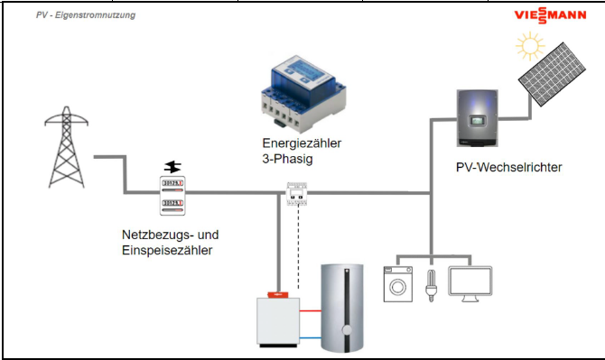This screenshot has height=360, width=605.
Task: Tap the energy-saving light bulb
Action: (433, 284)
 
